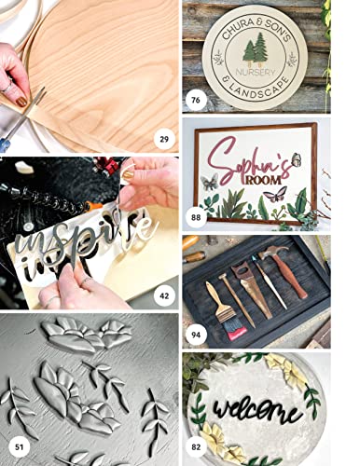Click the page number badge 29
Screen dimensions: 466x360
pyautogui.click(x=163, y=140)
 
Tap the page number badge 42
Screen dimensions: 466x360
pyautogui.click(x=163, y=296)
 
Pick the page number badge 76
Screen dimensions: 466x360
pyautogui.click(x=195, y=100)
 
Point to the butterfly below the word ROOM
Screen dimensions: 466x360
pyautogui.click(x=277, y=195)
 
